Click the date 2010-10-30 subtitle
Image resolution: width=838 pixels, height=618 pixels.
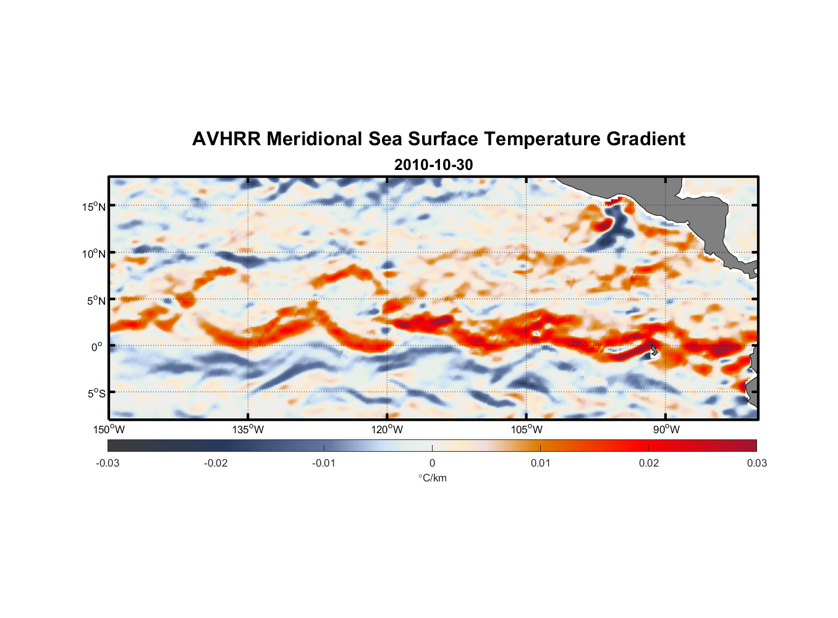[x=433, y=165]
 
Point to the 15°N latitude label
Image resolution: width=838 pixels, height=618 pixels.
[x=94, y=206]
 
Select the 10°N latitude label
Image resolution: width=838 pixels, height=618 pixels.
[x=94, y=253]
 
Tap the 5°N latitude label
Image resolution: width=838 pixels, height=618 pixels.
[x=96, y=300]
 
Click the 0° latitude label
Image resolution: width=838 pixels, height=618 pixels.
[x=98, y=347]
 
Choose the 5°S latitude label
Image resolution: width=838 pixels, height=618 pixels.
[x=96, y=393]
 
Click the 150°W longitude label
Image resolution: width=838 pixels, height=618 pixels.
[x=109, y=430]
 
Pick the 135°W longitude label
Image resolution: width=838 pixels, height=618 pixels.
[x=248, y=430]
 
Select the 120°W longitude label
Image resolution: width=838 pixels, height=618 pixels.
[x=387, y=430]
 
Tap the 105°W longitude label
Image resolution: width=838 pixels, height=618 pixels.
[x=527, y=430]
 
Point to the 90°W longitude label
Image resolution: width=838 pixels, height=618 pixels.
[x=666, y=430]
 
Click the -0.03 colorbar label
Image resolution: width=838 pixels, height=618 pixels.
[x=108, y=463]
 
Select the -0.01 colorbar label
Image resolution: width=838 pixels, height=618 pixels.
[x=323, y=463]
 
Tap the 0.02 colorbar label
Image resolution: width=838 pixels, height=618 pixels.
[x=649, y=463]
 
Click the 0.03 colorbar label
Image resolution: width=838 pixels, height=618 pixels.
[x=756, y=463]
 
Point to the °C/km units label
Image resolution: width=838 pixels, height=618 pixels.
[x=432, y=478]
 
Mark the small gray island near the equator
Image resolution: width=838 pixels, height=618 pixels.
[x=654, y=350]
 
